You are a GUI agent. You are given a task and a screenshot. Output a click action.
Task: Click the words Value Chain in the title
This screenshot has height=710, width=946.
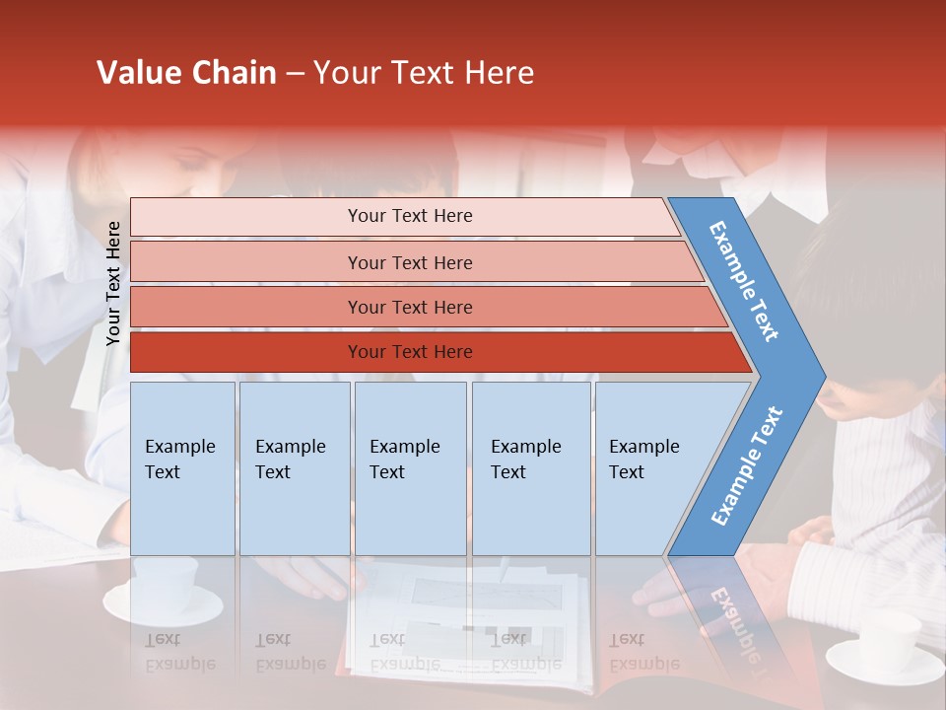point(186,73)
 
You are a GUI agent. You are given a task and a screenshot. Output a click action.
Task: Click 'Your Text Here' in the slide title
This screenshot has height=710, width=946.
point(424,73)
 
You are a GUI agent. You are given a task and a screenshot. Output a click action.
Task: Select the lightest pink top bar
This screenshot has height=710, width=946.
point(404,216)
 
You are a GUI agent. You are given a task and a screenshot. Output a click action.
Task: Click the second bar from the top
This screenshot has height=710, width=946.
point(409,262)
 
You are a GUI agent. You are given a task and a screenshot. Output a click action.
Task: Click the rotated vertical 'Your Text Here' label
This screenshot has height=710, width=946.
point(113,283)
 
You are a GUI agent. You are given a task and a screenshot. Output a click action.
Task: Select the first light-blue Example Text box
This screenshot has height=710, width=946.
point(182,467)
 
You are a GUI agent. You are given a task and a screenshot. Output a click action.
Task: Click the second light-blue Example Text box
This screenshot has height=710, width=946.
point(294,467)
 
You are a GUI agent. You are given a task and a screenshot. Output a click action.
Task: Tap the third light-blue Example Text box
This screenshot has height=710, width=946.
point(410,467)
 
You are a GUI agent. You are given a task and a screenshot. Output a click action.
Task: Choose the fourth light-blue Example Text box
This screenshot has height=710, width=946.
point(530,467)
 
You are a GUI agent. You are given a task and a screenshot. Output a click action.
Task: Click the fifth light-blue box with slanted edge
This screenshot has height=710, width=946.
point(650,467)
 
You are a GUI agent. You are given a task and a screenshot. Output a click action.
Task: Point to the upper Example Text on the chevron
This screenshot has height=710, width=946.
point(744,281)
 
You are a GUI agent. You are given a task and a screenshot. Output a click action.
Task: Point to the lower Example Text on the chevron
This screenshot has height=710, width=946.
point(747,465)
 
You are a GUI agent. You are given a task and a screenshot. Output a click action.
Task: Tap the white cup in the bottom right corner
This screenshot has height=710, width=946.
point(887,641)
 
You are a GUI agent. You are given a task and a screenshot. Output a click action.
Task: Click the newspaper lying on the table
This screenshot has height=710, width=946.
point(463,621)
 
